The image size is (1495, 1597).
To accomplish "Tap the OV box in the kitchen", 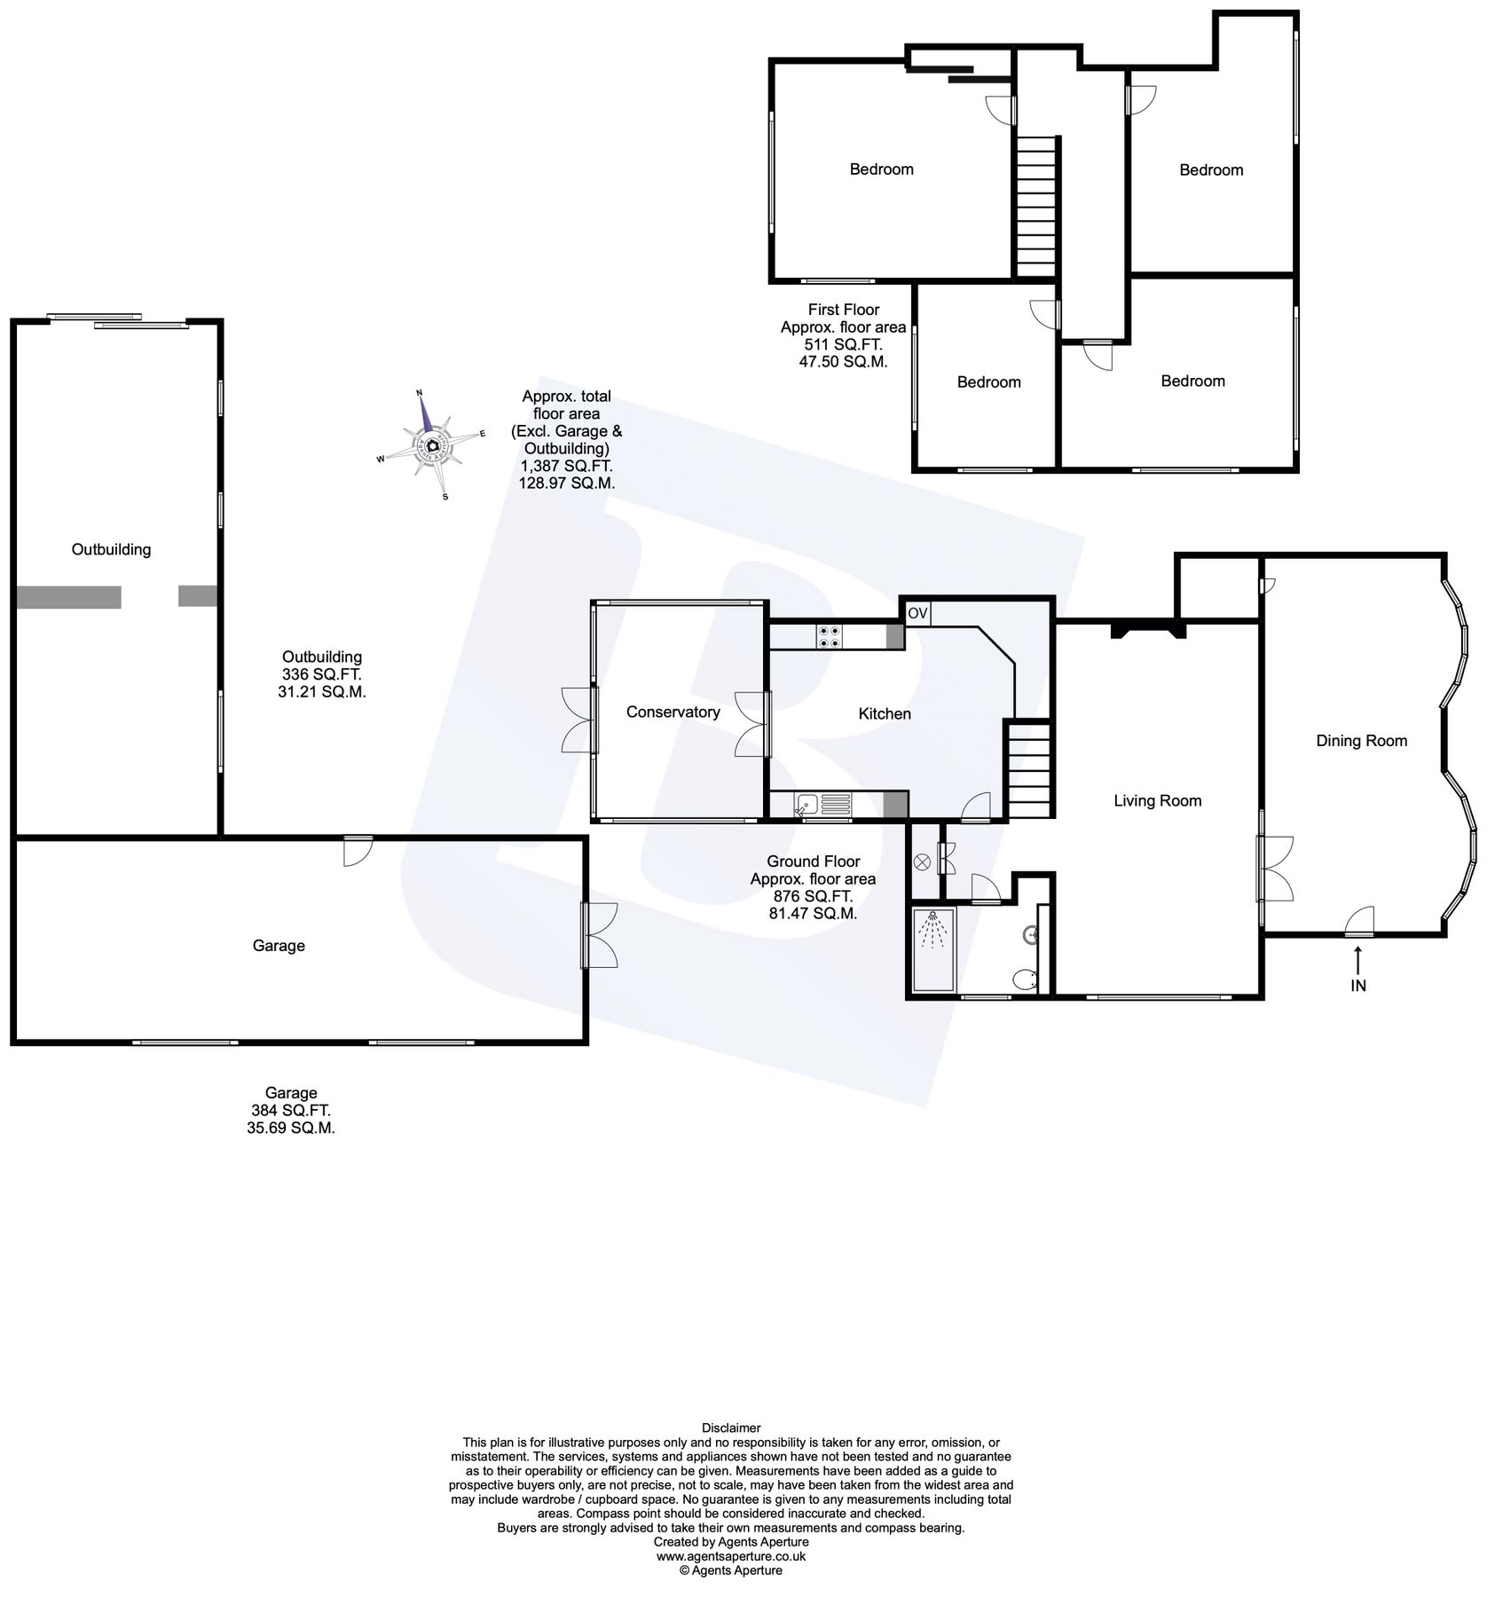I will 917,613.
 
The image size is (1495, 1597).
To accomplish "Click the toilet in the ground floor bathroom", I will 1027,979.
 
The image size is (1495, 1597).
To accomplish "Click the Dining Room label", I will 1361,741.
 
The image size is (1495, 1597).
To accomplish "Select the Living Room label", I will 1157,801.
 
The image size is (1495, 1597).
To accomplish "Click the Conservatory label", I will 673,712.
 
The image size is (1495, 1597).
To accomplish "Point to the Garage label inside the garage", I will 279,946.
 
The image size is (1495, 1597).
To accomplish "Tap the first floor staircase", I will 1036,207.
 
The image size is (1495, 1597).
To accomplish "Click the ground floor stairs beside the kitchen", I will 1027,769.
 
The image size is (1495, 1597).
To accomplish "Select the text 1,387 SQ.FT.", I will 566,466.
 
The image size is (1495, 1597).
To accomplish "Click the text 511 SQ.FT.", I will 843,345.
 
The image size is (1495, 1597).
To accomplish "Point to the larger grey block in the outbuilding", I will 69,597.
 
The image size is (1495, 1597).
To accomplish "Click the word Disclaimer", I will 731,1428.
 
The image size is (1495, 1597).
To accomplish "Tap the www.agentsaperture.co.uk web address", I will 731,1555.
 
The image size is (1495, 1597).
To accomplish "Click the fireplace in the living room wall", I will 1149,631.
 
